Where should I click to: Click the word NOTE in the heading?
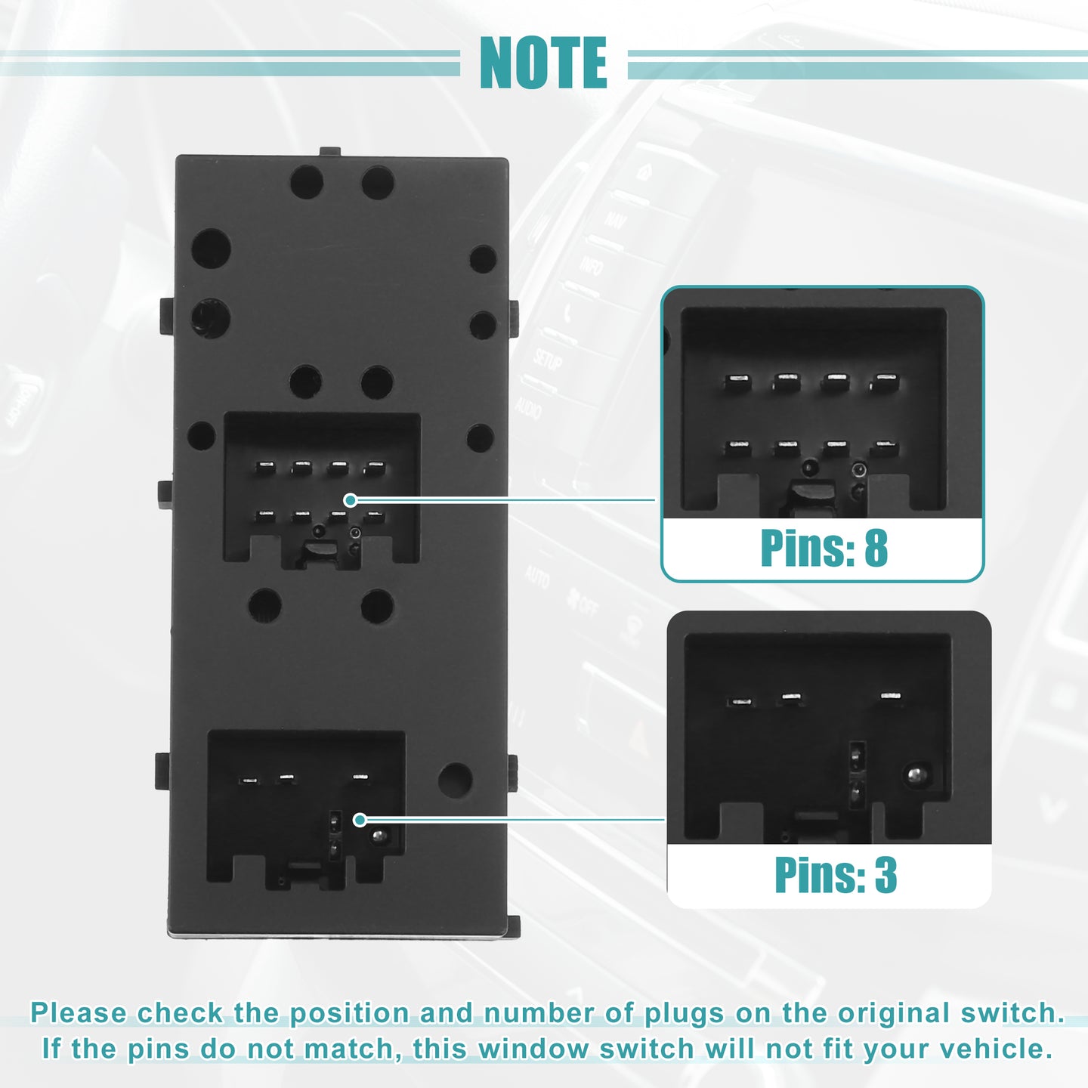(x=543, y=63)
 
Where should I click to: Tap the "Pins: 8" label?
(x=824, y=548)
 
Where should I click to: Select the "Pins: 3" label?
(x=836, y=875)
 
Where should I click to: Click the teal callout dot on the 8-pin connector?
(x=351, y=499)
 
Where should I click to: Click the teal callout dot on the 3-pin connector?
(x=360, y=820)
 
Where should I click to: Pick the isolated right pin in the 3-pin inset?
(x=890, y=696)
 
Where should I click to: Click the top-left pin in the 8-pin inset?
(x=737, y=382)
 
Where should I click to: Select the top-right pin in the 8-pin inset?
(x=884, y=382)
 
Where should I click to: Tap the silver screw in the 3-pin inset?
(x=917, y=774)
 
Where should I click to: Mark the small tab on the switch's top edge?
(x=330, y=151)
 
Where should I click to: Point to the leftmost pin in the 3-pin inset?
(x=740, y=702)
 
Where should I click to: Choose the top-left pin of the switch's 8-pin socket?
(x=264, y=466)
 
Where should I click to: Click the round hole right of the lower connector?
(x=455, y=780)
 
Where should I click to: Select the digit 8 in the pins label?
(x=876, y=548)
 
